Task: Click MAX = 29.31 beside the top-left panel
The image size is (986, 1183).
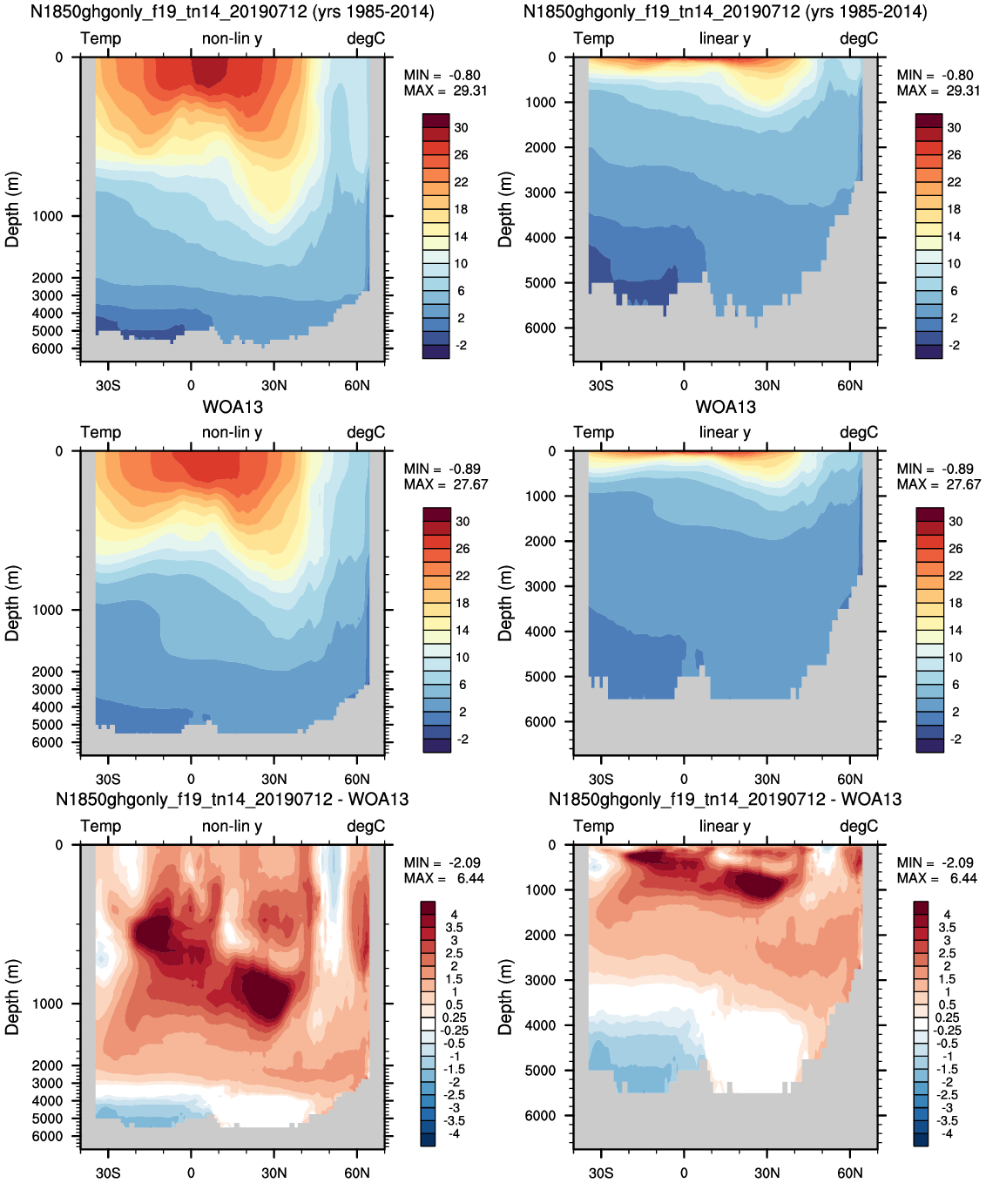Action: click(x=445, y=91)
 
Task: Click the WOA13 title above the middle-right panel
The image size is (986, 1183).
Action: click(x=726, y=407)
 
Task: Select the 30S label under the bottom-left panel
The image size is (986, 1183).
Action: click(x=108, y=1173)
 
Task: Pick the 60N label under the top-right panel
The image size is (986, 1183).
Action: click(x=850, y=385)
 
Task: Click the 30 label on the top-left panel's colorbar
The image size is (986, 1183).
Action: click(x=462, y=127)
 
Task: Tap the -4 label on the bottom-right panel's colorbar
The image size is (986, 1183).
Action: click(x=947, y=1133)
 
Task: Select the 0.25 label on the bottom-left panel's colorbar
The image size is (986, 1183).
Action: click(x=454, y=1017)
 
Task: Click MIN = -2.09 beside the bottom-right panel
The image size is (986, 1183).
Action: click(x=935, y=862)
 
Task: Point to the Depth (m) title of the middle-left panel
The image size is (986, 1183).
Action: click(x=12, y=603)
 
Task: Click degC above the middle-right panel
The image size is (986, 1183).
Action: click(x=859, y=432)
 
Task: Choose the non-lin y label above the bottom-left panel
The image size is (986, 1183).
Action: click(x=232, y=826)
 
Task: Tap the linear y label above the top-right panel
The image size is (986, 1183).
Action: click(x=725, y=38)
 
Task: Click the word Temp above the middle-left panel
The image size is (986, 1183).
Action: click(x=101, y=432)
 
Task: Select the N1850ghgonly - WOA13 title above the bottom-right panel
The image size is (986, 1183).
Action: click(x=725, y=799)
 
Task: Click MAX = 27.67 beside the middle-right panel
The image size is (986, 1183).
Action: click(x=938, y=484)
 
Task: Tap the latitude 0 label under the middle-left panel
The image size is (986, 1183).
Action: click(x=191, y=779)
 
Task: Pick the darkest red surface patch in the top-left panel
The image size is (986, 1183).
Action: click(x=210, y=71)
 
